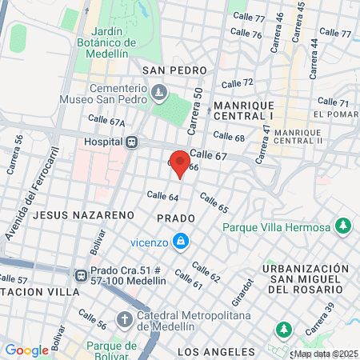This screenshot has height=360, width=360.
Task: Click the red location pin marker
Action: coord(180,163)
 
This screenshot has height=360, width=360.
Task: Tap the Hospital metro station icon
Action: coord(133,142)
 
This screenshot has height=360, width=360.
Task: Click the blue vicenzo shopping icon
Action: coord(182,241)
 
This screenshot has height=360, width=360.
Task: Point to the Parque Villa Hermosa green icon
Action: coord(343,226)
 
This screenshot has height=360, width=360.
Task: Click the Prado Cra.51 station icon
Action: coord(81,275)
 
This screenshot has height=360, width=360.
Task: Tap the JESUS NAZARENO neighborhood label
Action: coord(71,215)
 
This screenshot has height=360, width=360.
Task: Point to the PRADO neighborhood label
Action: coord(176,218)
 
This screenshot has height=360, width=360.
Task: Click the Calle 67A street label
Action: coord(106,122)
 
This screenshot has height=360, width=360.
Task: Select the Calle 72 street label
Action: coord(237,83)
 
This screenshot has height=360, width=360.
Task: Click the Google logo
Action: coord(26,350)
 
